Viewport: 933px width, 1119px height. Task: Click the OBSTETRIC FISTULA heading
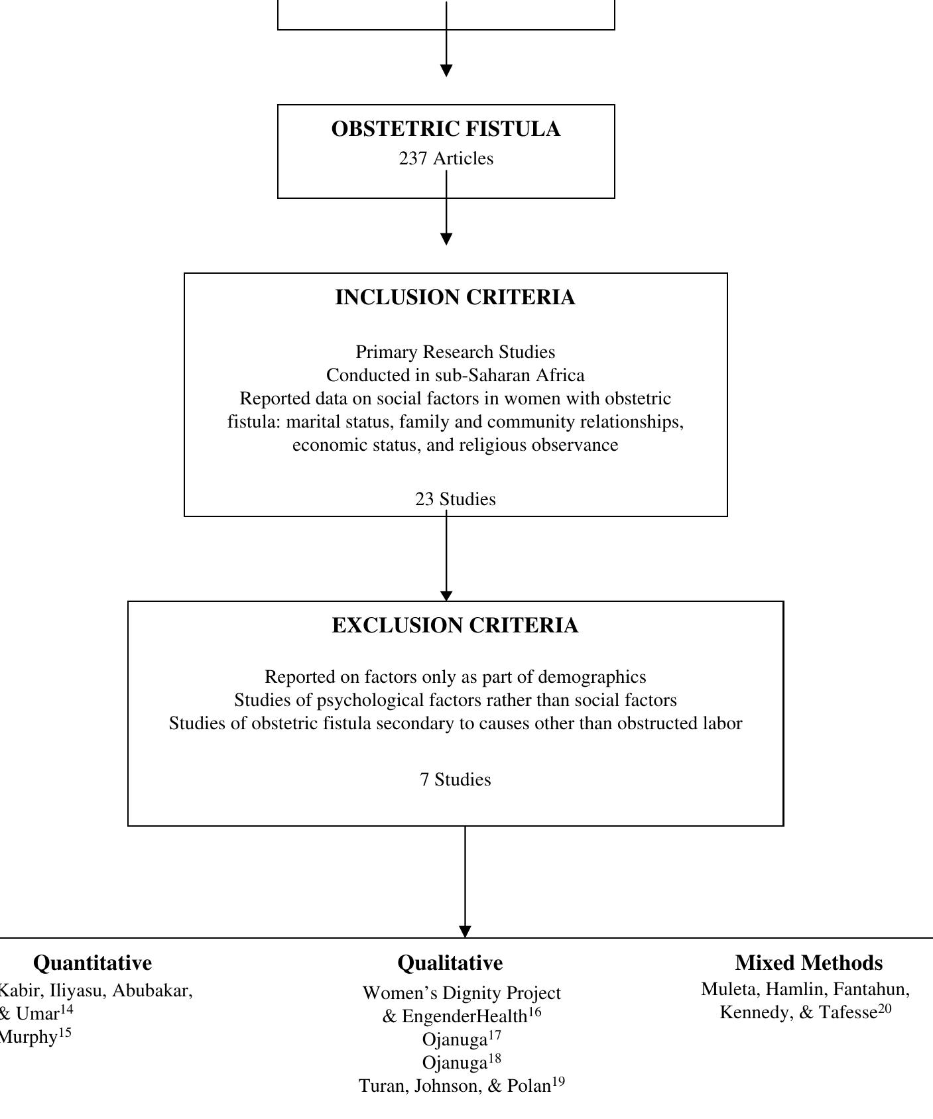pos(446,129)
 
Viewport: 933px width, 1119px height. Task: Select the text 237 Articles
pos(446,159)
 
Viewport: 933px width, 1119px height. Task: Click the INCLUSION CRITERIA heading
pos(455,298)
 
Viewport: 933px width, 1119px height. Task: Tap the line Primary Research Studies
pos(455,352)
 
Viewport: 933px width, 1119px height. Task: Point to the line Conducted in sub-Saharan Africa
pos(455,375)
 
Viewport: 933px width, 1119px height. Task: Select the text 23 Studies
pos(455,499)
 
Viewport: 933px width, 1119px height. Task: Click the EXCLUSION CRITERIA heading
pos(455,626)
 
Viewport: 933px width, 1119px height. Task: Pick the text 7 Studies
pos(455,780)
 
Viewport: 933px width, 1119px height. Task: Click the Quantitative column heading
pos(92,963)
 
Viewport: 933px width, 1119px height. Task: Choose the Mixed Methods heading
pos(808,963)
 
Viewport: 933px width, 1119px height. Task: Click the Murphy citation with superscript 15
pos(30,1037)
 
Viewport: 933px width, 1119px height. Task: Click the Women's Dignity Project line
pos(461,993)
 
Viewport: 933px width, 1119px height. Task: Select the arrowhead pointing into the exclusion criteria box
pos(446,596)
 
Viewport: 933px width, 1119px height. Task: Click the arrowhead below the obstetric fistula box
pos(446,239)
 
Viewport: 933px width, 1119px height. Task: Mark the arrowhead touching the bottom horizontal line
pos(465,931)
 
